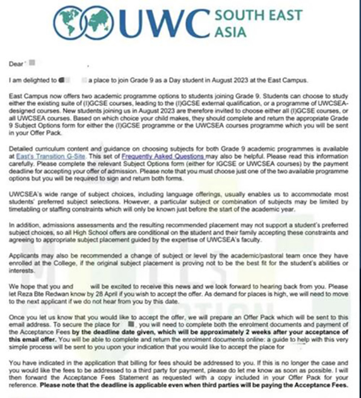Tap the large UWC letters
(161, 22)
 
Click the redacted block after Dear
(32, 63)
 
